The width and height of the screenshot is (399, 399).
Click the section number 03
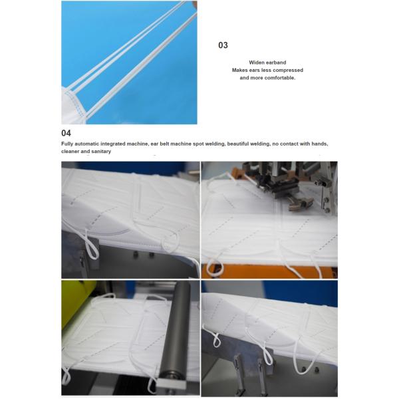click(x=223, y=45)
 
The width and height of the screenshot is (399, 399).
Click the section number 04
click(x=66, y=133)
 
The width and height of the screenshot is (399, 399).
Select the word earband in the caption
click(x=276, y=63)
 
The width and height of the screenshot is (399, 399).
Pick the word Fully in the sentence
click(x=67, y=144)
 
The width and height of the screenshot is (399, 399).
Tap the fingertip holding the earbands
click(x=195, y=5)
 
